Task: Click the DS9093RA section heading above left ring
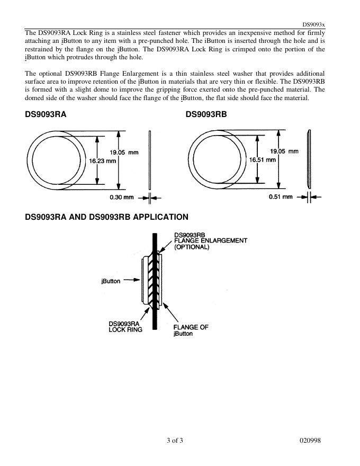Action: tap(46, 114)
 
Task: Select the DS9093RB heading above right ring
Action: tap(206, 114)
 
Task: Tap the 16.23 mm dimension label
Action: tap(103, 161)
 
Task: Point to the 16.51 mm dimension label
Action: tap(263, 159)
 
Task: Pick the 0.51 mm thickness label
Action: tap(281, 196)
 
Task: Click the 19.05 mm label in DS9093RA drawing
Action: tap(124, 152)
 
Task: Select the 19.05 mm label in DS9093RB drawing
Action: tap(284, 151)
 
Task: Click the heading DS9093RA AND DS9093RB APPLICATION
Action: tap(106, 217)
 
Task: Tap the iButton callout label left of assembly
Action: tap(111, 281)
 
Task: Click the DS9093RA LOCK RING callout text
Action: tap(125, 327)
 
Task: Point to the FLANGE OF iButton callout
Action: tap(191, 330)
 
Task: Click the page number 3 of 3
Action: tap(175, 441)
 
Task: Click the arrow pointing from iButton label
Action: tap(132, 281)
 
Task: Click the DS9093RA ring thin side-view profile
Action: tap(150, 158)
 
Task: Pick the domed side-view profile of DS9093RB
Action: tap(310, 158)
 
